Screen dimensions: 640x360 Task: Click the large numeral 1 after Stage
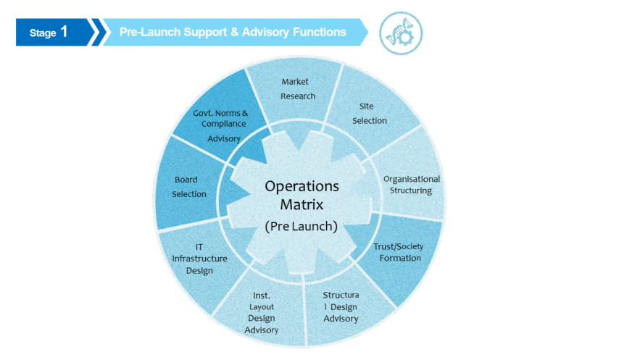click(64, 32)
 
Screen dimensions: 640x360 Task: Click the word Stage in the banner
click(43, 33)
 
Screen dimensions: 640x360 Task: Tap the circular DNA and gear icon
click(401, 33)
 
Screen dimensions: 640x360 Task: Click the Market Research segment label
click(296, 89)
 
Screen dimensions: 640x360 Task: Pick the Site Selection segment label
click(370, 113)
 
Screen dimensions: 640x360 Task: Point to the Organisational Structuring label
click(412, 185)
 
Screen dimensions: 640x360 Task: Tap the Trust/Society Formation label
click(399, 252)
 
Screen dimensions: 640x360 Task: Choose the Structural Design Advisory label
click(341, 306)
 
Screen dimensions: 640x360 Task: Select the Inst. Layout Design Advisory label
click(262, 313)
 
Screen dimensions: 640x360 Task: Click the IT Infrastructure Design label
click(199, 259)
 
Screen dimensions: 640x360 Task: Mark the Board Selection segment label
click(189, 187)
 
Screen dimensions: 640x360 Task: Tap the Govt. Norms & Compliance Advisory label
click(221, 126)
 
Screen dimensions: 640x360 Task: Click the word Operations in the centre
click(302, 186)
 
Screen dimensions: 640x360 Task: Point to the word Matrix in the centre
click(302, 204)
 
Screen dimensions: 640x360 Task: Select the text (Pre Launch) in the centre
click(302, 226)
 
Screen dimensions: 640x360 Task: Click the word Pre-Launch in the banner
click(150, 32)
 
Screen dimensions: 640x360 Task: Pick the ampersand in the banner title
click(234, 32)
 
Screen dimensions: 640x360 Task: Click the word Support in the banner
click(205, 33)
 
